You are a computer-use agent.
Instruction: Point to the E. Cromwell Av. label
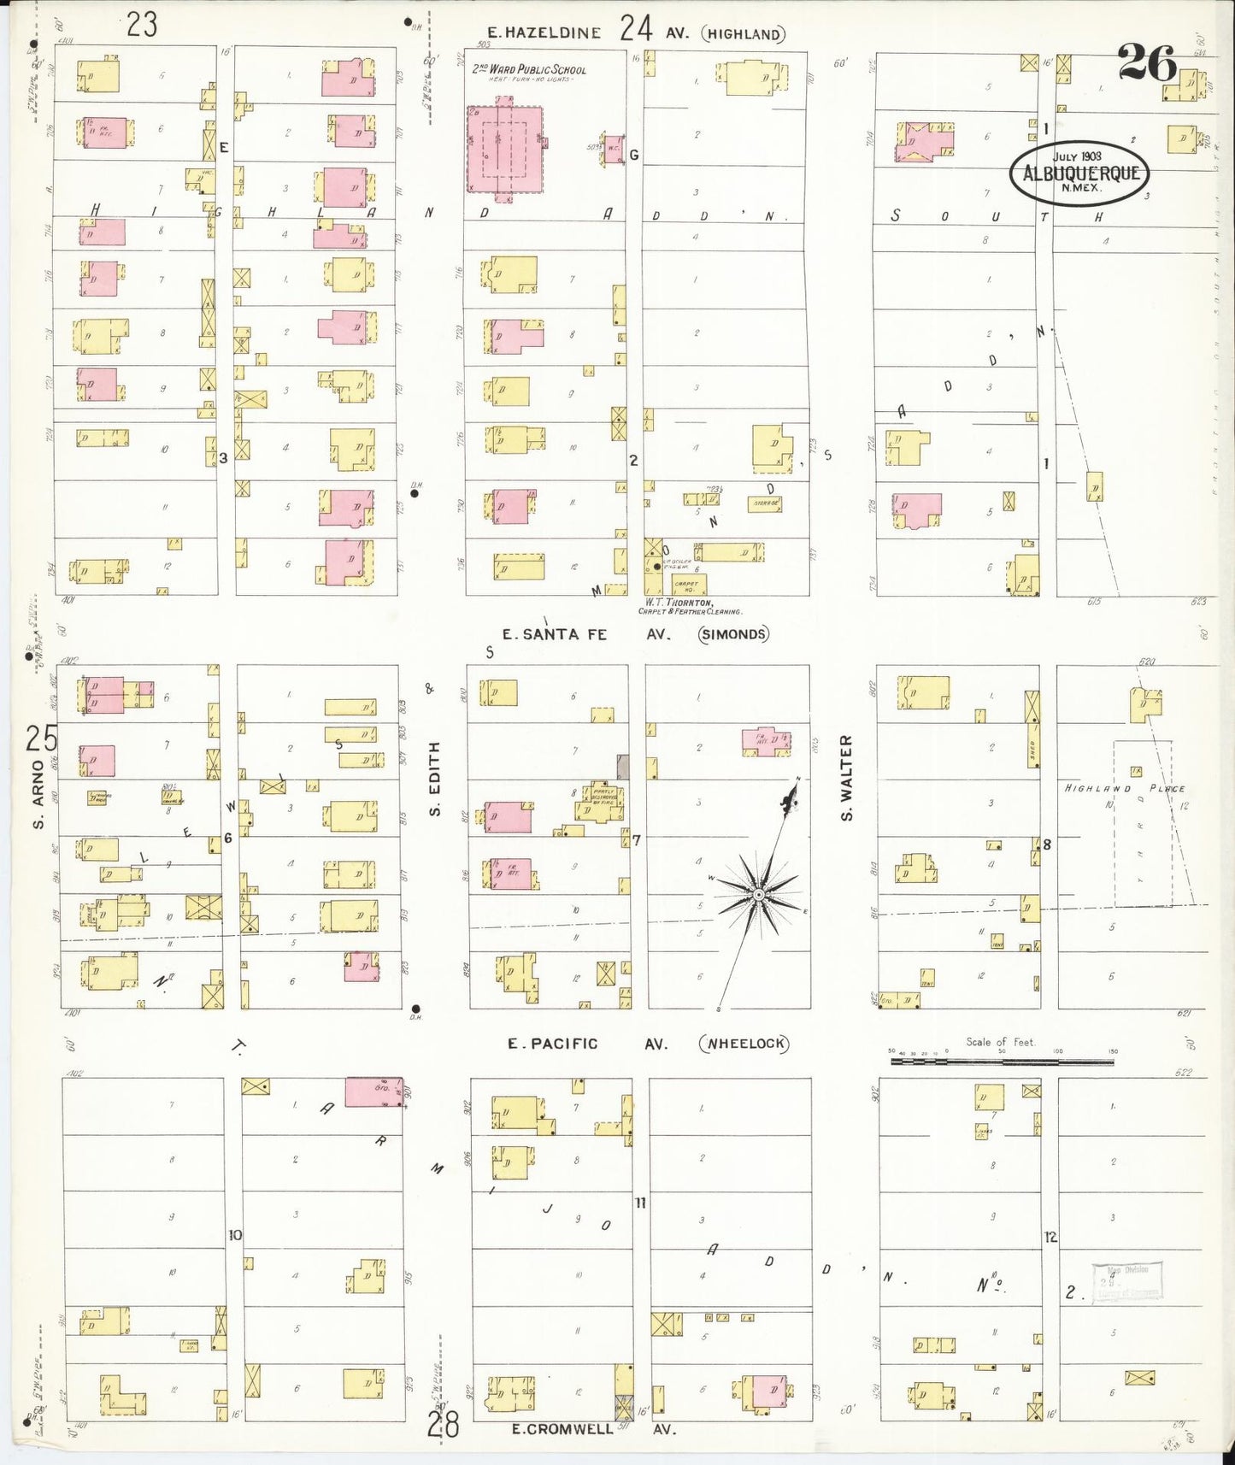pos(593,1429)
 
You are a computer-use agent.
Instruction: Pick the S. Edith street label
pos(434,778)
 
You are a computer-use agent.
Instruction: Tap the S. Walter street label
pos(847,778)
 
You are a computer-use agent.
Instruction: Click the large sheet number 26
pos(1146,62)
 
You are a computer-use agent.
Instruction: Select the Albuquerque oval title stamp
pos(1079,173)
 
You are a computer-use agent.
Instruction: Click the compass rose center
pos(758,894)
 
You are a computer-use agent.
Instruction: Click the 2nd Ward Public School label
pos(530,69)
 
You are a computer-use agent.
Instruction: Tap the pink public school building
pos(504,149)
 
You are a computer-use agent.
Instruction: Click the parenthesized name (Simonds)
pos(733,634)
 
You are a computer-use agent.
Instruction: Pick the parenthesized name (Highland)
pos(743,34)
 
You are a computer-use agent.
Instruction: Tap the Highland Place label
pos(1123,788)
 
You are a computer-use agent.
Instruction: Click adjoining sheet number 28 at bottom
pos(444,1425)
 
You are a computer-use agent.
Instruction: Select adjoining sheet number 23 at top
pos(142,24)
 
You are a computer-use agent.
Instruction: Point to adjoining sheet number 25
pos(41,738)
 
